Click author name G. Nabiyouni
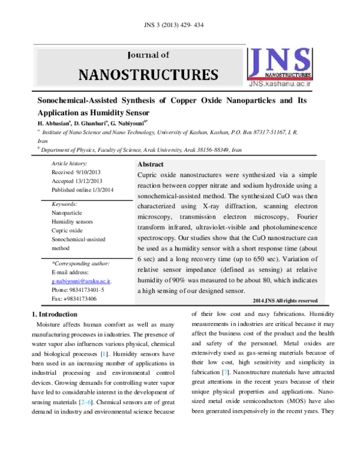point(131,123)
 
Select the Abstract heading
point(151,164)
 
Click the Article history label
point(69,163)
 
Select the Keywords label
point(65,204)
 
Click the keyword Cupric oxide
point(67,230)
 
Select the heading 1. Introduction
point(53,314)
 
